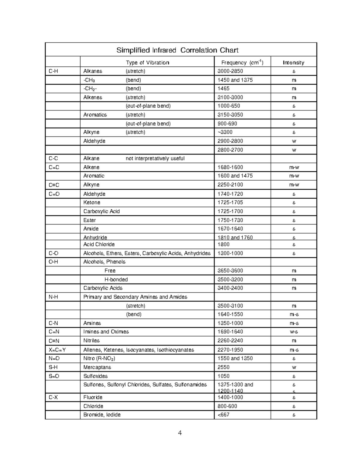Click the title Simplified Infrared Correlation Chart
pos(177,50)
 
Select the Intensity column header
pos(293,62)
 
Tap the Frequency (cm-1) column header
pos(242,62)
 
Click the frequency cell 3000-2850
pos(230,71)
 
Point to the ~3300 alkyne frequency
pos(225,132)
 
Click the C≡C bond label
pos(54,185)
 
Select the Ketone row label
pos(92,203)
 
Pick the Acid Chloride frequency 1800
pos(223,244)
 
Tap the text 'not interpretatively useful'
pos(155,158)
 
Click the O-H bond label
pos(53,262)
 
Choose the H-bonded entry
pos(116,279)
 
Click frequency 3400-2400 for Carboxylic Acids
pos(230,288)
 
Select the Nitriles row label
pos(91,341)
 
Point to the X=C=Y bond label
pos(57,350)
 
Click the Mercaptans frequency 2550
pos(223,367)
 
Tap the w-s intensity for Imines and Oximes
pos(294,332)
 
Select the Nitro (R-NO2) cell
pos(99,359)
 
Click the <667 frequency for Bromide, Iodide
pos(223,415)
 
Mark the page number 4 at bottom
pos(180,433)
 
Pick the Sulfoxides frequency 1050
pos(223,376)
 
